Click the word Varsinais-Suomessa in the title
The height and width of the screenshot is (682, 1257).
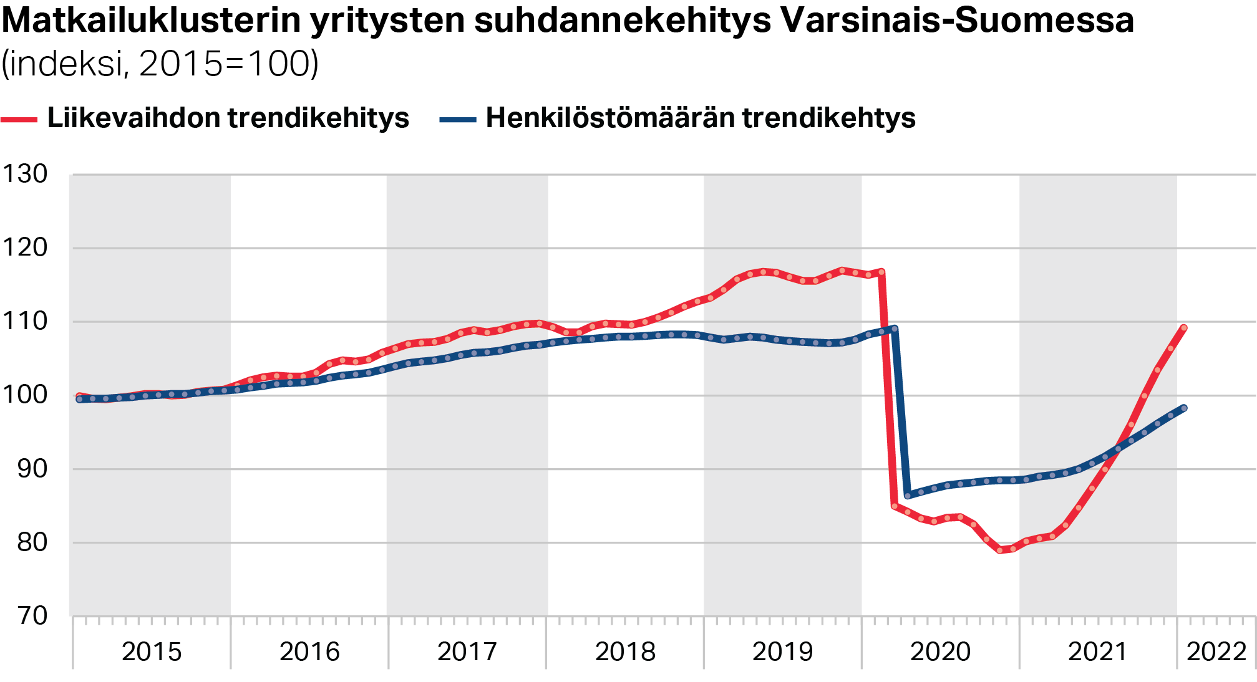957,21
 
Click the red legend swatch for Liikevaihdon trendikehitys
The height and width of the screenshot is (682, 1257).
19,119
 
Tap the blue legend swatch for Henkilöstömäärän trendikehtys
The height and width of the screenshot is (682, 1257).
458,119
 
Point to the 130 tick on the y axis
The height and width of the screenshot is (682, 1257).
25,174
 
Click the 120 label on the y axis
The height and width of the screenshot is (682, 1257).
25,247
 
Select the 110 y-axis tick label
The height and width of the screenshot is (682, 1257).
25,321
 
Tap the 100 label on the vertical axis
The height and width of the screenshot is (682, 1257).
25,395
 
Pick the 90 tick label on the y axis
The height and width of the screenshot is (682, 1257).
32,469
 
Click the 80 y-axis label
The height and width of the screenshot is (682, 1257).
32,542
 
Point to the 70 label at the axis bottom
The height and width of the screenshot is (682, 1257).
32,616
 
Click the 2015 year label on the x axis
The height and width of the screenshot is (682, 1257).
152,652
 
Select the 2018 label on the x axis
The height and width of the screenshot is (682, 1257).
625,652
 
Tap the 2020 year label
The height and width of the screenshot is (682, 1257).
940,652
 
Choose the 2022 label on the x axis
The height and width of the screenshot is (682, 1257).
1216,652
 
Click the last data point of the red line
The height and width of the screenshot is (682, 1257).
1183,328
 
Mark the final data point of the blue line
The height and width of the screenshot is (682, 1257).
1183,408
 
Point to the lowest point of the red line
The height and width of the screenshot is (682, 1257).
1000,550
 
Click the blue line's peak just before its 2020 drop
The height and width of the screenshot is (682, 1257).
895,329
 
